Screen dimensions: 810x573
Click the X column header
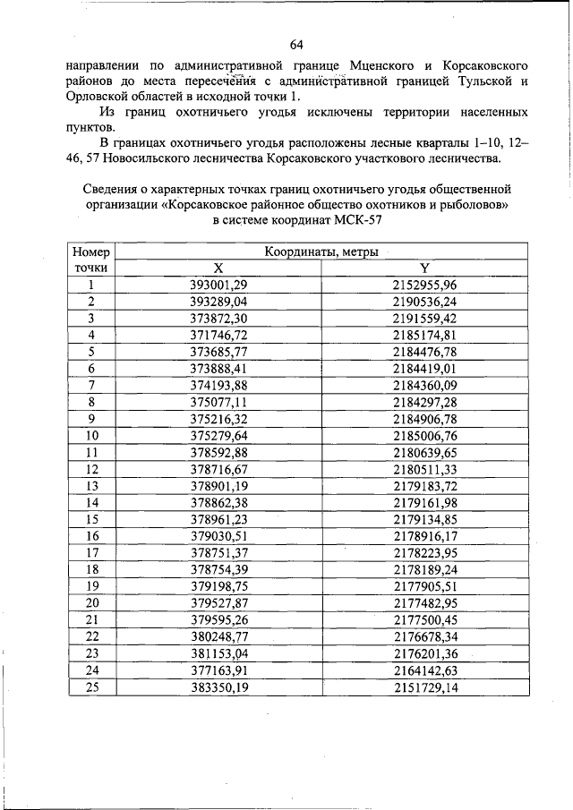tap(218, 269)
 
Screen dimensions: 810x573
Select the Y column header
tap(424, 269)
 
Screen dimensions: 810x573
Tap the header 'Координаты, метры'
tap(321, 252)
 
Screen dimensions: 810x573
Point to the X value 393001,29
tap(218, 286)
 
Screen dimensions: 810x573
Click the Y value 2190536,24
tap(424, 302)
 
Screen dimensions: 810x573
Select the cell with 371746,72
tap(218, 335)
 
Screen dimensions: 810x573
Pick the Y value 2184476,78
tap(424, 352)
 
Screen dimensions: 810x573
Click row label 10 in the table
tap(91, 436)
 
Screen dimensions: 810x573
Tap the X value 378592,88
tap(218, 453)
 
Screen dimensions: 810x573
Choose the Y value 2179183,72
tap(424, 486)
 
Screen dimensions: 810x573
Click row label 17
tap(91, 553)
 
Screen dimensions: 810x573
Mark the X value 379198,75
tap(218, 587)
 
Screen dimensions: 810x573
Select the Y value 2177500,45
tap(424, 620)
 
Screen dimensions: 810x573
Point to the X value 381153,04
tap(218, 654)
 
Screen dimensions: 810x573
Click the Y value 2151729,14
tap(424, 687)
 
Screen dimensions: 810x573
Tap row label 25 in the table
tap(91, 687)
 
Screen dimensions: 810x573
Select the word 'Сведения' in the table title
tap(112, 189)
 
